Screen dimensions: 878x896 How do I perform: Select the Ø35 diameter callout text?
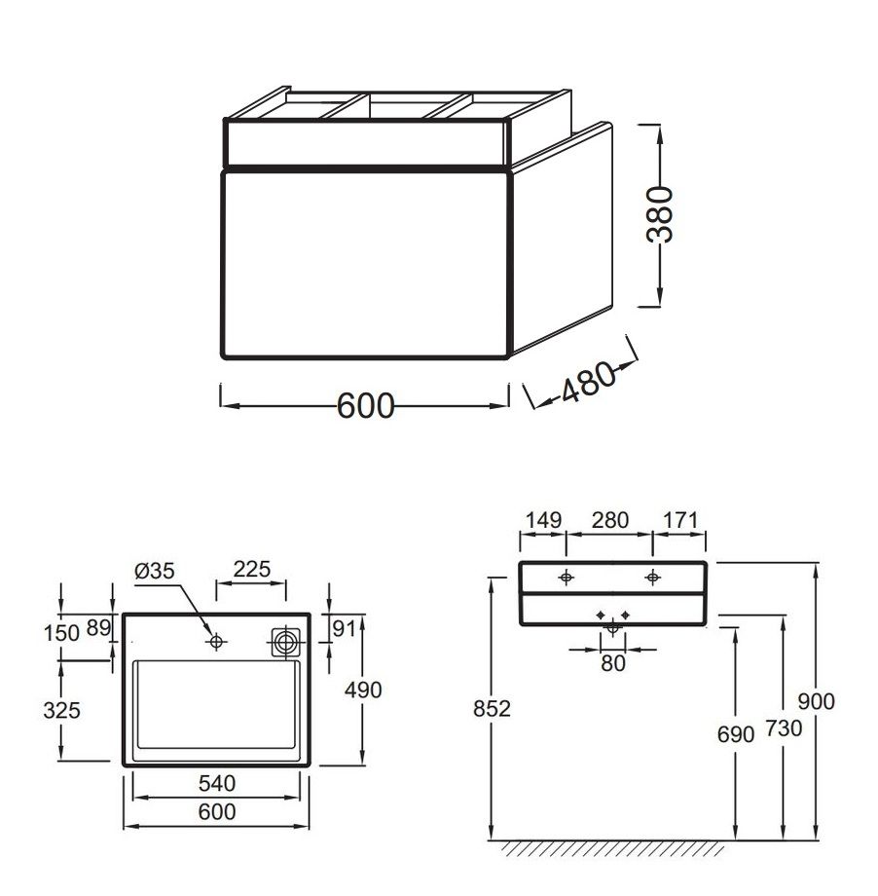point(154,571)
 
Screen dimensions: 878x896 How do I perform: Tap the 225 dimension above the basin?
point(251,569)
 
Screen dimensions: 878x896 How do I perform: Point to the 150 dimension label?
point(61,633)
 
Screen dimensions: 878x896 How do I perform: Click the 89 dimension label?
point(98,628)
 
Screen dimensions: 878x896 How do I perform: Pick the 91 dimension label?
point(344,628)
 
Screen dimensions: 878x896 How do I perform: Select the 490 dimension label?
point(363,691)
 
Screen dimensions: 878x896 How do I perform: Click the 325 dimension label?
point(61,710)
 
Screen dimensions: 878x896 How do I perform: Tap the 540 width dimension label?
point(217,783)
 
